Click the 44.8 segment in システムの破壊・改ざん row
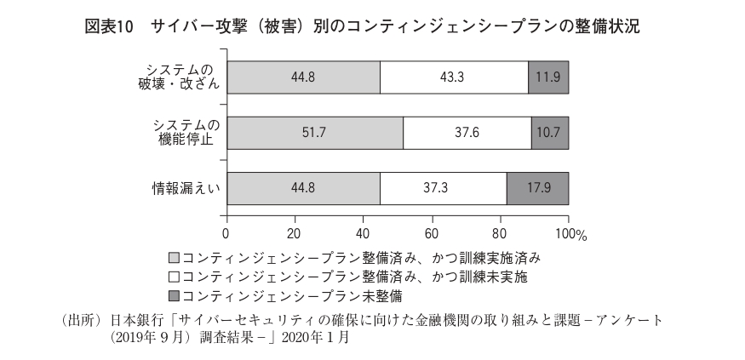(302, 77)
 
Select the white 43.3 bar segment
(454, 77)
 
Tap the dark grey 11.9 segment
(548, 77)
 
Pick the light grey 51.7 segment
(314, 133)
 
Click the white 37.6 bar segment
(467, 133)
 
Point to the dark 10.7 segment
(550, 133)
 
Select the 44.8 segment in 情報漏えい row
(302, 188)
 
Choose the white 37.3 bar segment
(443, 188)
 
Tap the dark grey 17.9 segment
(537, 188)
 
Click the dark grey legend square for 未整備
(175, 295)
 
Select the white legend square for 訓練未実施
(175, 276)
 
